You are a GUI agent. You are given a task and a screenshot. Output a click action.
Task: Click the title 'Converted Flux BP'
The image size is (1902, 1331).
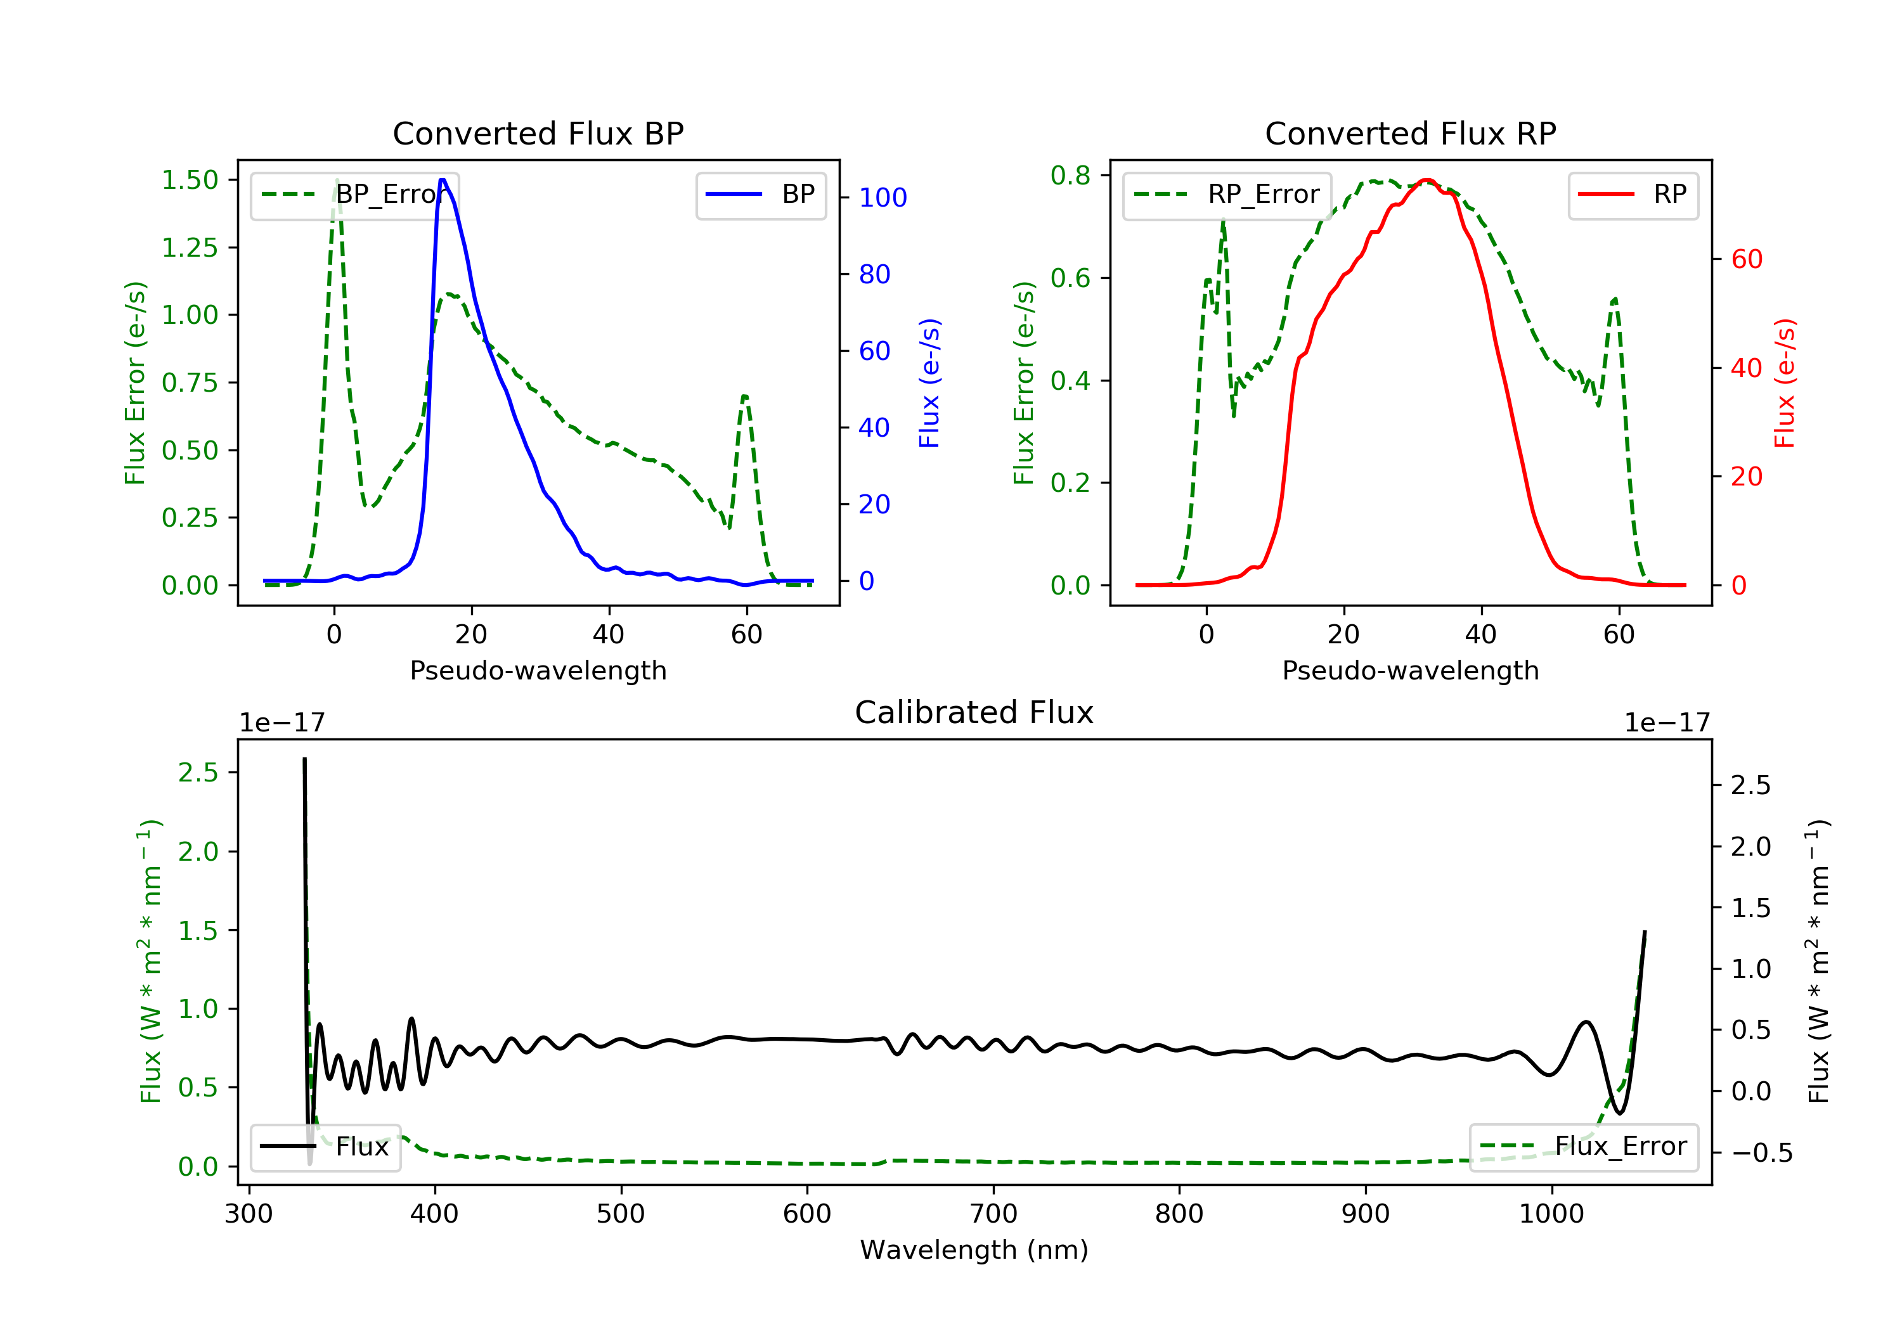click(538, 133)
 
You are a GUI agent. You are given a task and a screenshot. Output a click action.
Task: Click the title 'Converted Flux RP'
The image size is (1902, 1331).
click(1410, 133)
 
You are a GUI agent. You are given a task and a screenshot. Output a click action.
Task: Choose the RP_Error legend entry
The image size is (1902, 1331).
click(1227, 195)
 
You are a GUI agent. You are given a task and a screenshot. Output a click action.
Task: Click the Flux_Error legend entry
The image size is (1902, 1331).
click(1583, 1147)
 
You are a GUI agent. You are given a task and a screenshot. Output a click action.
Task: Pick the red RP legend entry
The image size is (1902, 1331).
click(1633, 195)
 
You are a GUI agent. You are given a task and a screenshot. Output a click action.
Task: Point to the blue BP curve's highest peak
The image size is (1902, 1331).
click(443, 180)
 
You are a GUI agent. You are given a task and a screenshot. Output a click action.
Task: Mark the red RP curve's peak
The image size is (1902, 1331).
click(1426, 181)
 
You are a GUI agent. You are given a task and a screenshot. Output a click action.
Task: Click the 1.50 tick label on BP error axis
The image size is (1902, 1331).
click(190, 180)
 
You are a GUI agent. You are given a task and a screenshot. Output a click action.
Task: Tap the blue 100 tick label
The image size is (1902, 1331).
click(883, 198)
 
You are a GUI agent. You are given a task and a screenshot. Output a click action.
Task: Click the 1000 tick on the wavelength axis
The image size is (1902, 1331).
click(1551, 1214)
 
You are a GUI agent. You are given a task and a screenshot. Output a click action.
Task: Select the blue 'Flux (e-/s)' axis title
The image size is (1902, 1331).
click(929, 383)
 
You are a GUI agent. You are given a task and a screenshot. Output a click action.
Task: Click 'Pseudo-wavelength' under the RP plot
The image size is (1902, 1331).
click(1410, 670)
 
